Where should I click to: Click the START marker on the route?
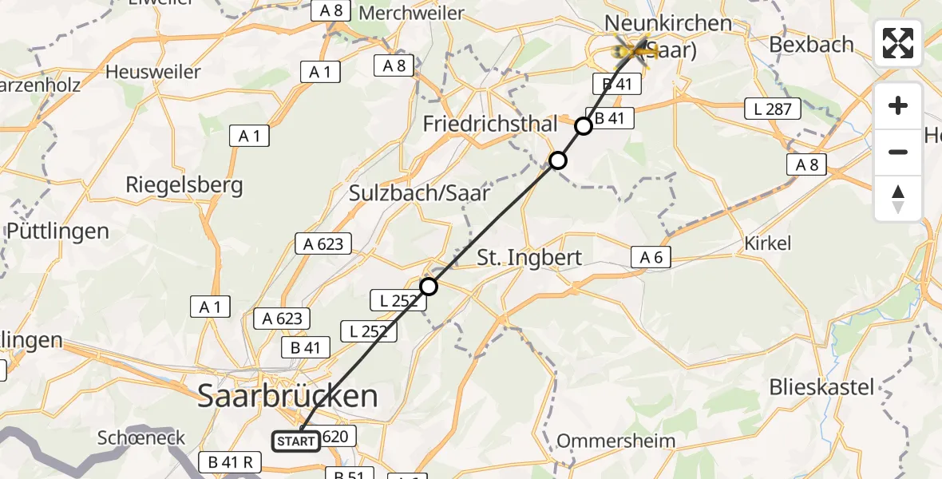click(296, 441)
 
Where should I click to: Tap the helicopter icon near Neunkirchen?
click(635, 49)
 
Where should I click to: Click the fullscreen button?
click(898, 43)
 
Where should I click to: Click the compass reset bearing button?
click(898, 199)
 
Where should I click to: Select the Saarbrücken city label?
click(287, 396)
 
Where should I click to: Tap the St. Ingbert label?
click(529, 258)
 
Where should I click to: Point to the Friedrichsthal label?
click(490, 125)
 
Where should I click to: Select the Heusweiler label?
click(153, 72)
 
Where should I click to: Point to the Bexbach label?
click(811, 44)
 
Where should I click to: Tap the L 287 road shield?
click(772, 109)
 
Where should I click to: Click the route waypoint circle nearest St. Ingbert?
click(429, 286)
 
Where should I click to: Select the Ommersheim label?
click(615, 441)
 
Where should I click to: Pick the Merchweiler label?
click(412, 13)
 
